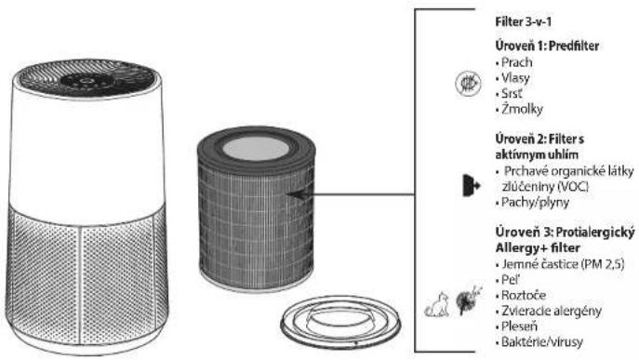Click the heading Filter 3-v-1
524,21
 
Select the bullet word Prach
517,62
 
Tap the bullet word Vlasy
515,78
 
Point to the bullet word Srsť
512,93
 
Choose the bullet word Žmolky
522,109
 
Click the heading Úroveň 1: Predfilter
547,46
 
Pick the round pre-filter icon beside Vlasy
468,84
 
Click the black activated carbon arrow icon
471,185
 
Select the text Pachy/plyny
535,202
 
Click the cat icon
436,304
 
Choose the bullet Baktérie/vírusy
542,341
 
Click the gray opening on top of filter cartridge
256,148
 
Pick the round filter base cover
340,323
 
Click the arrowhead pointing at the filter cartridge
299,194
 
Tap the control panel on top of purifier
85,80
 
